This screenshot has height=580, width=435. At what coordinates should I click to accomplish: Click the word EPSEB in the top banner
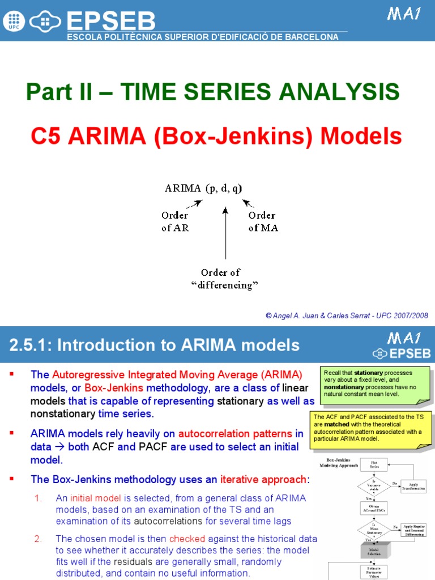coord(111,22)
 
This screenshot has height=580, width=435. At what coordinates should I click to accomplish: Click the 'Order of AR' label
coord(175,221)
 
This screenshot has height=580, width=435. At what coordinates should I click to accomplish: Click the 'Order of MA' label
coord(263,221)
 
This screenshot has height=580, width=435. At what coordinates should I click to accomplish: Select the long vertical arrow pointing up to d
coord(225,233)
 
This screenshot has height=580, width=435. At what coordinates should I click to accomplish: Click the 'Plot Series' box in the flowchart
coord(374,466)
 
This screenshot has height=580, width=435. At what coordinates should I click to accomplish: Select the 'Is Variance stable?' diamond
coord(374,487)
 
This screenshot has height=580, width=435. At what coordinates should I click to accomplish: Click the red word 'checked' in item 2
coord(185,538)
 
